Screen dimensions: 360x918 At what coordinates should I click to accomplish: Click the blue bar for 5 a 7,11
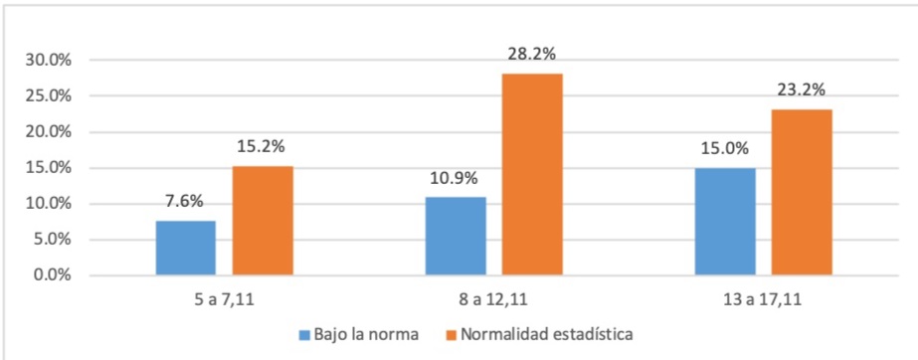(185, 248)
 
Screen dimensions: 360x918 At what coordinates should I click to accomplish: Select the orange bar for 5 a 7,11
(263, 220)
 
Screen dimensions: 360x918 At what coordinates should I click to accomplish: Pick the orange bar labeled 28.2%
(532, 174)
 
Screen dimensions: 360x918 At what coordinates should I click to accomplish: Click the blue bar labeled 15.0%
(724, 221)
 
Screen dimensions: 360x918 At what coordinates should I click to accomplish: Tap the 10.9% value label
(455, 180)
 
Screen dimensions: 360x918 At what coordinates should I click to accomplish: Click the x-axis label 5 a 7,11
(224, 297)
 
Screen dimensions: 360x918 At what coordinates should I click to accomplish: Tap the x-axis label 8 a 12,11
(493, 297)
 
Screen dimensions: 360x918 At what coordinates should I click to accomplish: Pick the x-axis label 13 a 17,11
(763, 297)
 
